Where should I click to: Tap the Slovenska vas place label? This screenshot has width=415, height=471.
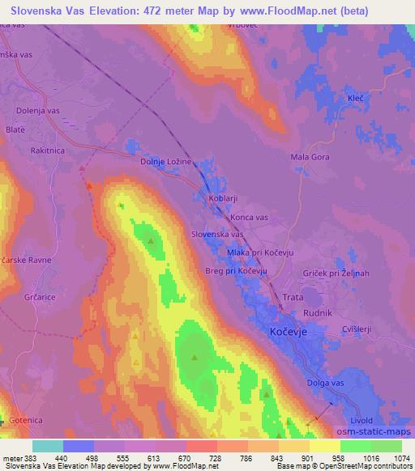point(217,234)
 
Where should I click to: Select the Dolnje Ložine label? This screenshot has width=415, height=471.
point(165,162)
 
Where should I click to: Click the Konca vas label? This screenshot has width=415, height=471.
point(249,218)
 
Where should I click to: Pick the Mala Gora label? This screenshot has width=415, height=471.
point(307,157)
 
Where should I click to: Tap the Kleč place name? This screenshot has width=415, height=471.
point(355,97)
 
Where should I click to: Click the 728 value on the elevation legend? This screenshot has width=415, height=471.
point(216,458)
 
